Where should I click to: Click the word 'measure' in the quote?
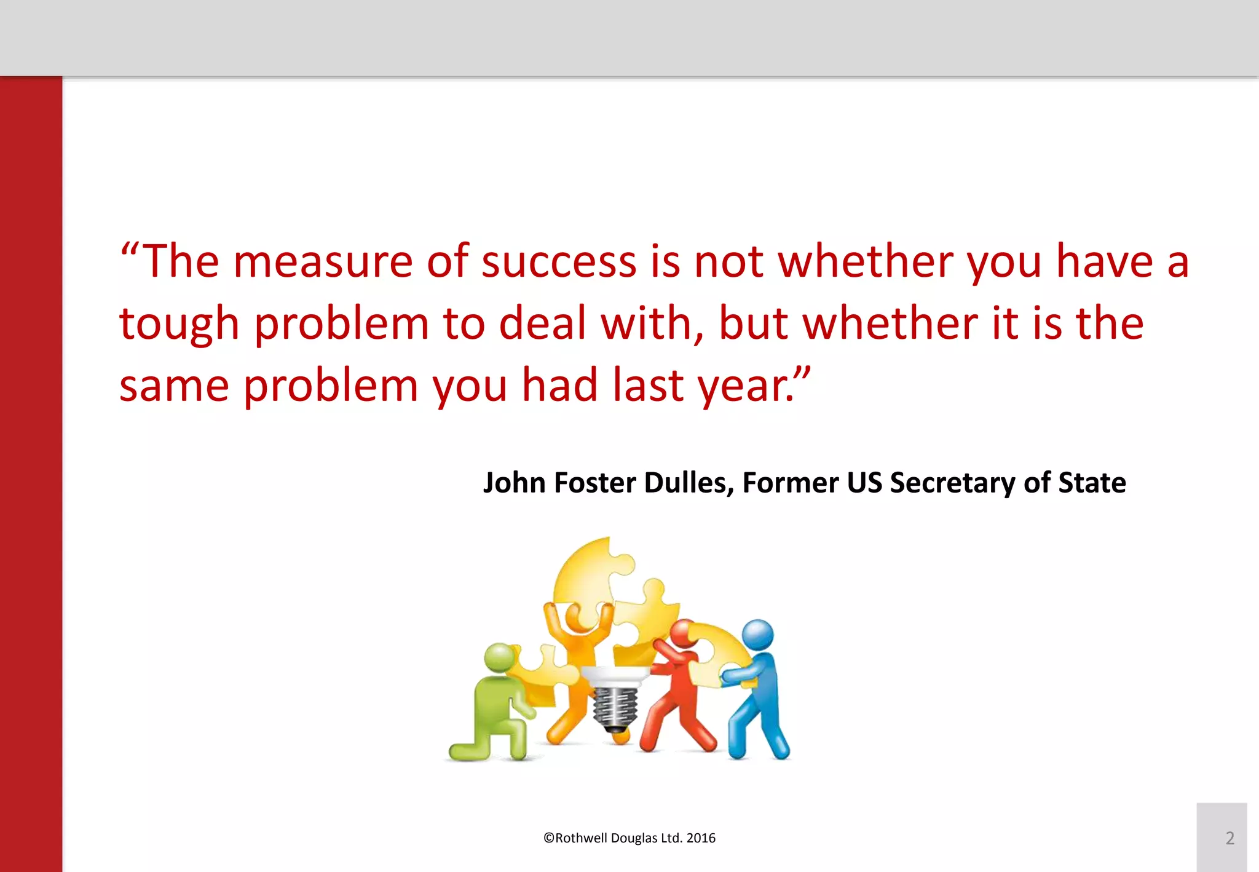(x=323, y=262)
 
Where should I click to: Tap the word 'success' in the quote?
(x=558, y=262)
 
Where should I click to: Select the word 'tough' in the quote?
(x=179, y=325)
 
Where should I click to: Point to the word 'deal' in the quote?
(x=542, y=323)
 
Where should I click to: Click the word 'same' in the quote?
(x=174, y=386)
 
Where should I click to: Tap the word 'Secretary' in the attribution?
(x=952, y=483)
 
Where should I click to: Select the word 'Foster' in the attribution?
(x=594, y=483)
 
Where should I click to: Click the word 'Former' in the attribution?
(x=790, y=483)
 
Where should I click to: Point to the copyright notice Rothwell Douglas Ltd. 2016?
(x=629, y=838)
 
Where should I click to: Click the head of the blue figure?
(x=757, y=635)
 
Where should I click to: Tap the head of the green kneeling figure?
(x=499, y=657)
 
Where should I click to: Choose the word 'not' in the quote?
(x=728, y=262)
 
